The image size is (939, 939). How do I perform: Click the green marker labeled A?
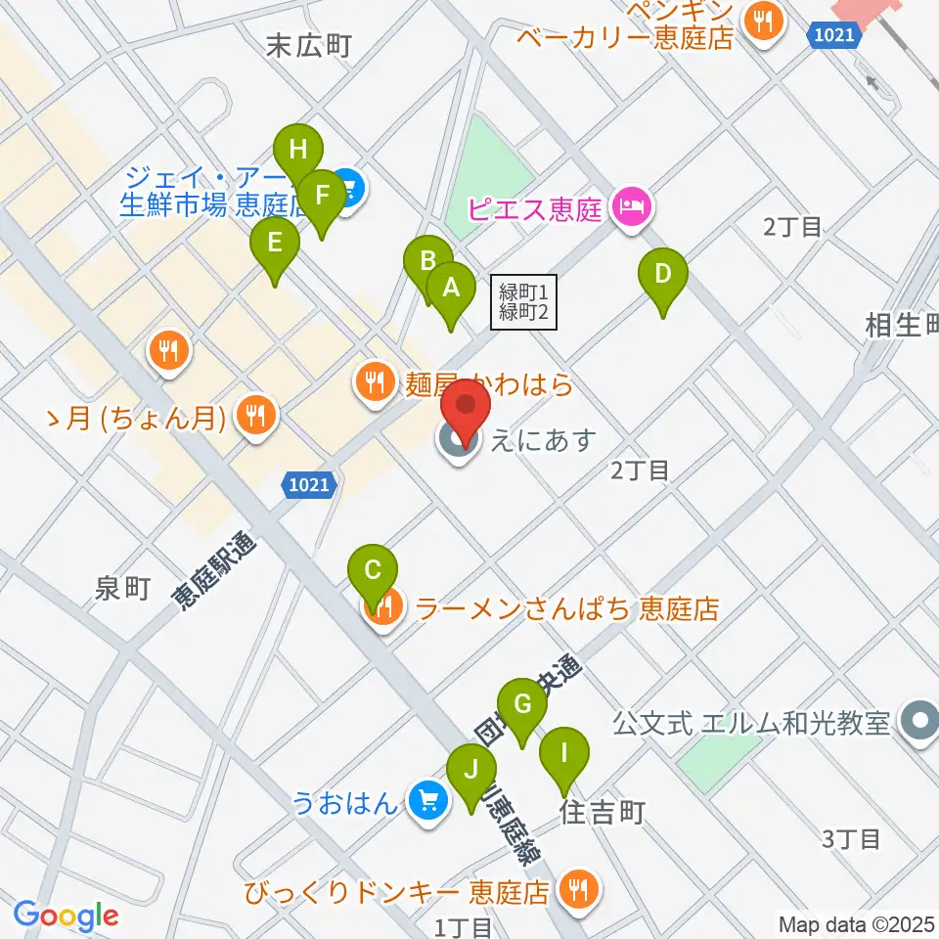(451, 289)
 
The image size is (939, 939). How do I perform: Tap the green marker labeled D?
(663, 275)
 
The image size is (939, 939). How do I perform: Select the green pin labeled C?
(373, 571)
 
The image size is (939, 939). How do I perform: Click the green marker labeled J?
(472, 770)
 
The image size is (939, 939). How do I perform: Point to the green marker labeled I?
(564, 754)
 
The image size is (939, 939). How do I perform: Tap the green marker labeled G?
(521, 705)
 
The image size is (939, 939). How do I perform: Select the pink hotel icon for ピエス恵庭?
(632, 209)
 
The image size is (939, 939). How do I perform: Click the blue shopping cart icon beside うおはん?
(427, 800)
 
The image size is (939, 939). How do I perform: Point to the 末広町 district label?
(308, 45)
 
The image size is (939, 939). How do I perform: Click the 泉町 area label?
(122, 588)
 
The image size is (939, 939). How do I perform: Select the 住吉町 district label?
(603, 812)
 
